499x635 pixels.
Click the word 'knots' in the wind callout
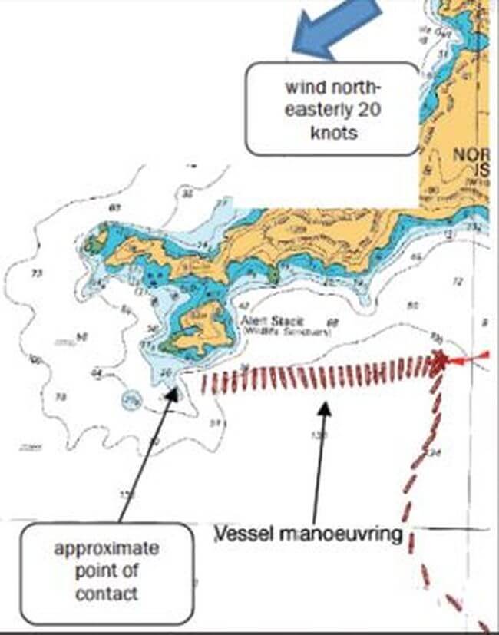click(332, 132)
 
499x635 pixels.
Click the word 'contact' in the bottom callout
click(107, 593)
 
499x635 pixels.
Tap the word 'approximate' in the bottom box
click(107, 549)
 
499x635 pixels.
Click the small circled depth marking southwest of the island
click(132, 400)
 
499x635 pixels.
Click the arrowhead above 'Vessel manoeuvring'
click(325, 405)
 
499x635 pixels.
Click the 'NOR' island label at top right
click(468, 156)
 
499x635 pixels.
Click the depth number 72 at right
click(458, 283)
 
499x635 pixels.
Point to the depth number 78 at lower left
click(60, 397)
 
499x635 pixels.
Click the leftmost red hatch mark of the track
click(204, 384)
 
